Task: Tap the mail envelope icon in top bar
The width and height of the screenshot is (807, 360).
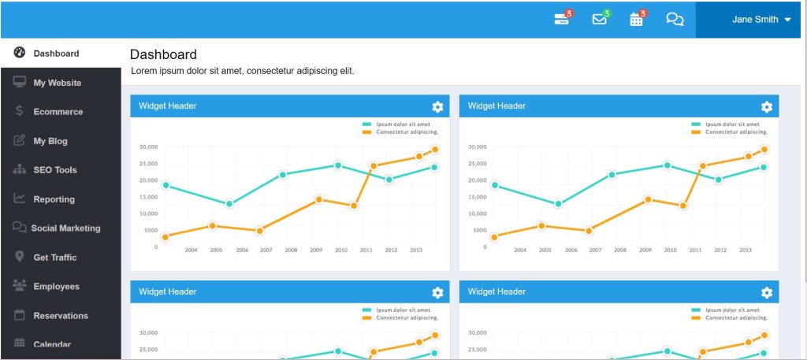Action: (600, 20)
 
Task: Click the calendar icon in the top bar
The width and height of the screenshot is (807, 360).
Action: (637, 20)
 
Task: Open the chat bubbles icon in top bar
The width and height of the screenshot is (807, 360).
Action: (675, 20)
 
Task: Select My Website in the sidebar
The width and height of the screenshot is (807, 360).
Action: (57, 83)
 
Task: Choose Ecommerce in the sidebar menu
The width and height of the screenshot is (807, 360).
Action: (58, 112)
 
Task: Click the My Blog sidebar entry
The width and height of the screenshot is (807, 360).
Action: (50, 141)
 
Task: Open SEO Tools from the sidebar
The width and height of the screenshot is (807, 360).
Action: (55, 170)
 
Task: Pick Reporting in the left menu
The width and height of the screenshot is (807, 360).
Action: (54, 199)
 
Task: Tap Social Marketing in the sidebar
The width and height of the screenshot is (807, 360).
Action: (65, 228)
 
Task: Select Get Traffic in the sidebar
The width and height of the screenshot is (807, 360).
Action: (55, 258)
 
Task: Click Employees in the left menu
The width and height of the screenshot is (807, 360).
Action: (56, 287)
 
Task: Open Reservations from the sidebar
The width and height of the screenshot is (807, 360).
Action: (61, 316)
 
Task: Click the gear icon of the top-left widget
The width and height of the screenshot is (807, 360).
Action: (437, 107)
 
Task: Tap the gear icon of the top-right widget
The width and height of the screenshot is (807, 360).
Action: (767, 107)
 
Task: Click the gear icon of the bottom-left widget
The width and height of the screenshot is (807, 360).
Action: (437, 293)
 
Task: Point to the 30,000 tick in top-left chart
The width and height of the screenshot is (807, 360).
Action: (148, 147)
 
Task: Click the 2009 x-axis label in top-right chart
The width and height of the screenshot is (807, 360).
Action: (645, 251)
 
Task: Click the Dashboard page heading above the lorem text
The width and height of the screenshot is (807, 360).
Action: (163, 54)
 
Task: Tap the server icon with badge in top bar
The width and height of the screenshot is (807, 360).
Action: (562, 20)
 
